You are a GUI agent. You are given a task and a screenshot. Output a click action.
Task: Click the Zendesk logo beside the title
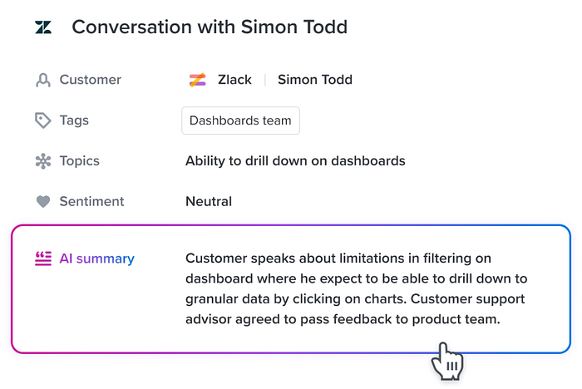(43, 27)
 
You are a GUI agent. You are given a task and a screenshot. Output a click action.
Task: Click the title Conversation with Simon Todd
(210, 27)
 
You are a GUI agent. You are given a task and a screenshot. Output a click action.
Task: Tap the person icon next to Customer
(43, 80)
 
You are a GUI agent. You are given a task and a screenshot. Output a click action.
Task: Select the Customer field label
(90, 80)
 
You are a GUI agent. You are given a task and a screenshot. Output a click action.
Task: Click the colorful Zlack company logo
(198, 80)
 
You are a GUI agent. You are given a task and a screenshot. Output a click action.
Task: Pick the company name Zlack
(234, 80)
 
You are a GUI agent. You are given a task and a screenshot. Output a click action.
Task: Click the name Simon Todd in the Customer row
(315, 80)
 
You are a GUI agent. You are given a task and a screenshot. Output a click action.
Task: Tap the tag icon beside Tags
(43, 121)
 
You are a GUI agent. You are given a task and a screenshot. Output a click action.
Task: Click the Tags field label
(74, 121)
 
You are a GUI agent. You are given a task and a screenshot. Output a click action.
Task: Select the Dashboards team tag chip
(240, 121)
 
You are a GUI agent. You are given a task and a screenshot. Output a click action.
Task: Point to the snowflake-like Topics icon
(43, 161)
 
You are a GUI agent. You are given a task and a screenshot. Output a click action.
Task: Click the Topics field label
(80, 161)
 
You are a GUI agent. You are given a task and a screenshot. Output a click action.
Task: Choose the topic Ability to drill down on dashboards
(295, 160)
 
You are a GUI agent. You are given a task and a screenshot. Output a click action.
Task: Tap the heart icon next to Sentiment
(43, 201)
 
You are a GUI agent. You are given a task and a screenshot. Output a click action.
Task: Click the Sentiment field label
(91, 201)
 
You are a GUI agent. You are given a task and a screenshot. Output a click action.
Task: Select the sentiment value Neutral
(209, 201)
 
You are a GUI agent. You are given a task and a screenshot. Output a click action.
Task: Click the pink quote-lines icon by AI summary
(43, 259)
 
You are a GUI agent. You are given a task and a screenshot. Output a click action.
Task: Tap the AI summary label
(97, 259)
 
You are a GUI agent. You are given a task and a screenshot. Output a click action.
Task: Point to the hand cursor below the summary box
(447, 362)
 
